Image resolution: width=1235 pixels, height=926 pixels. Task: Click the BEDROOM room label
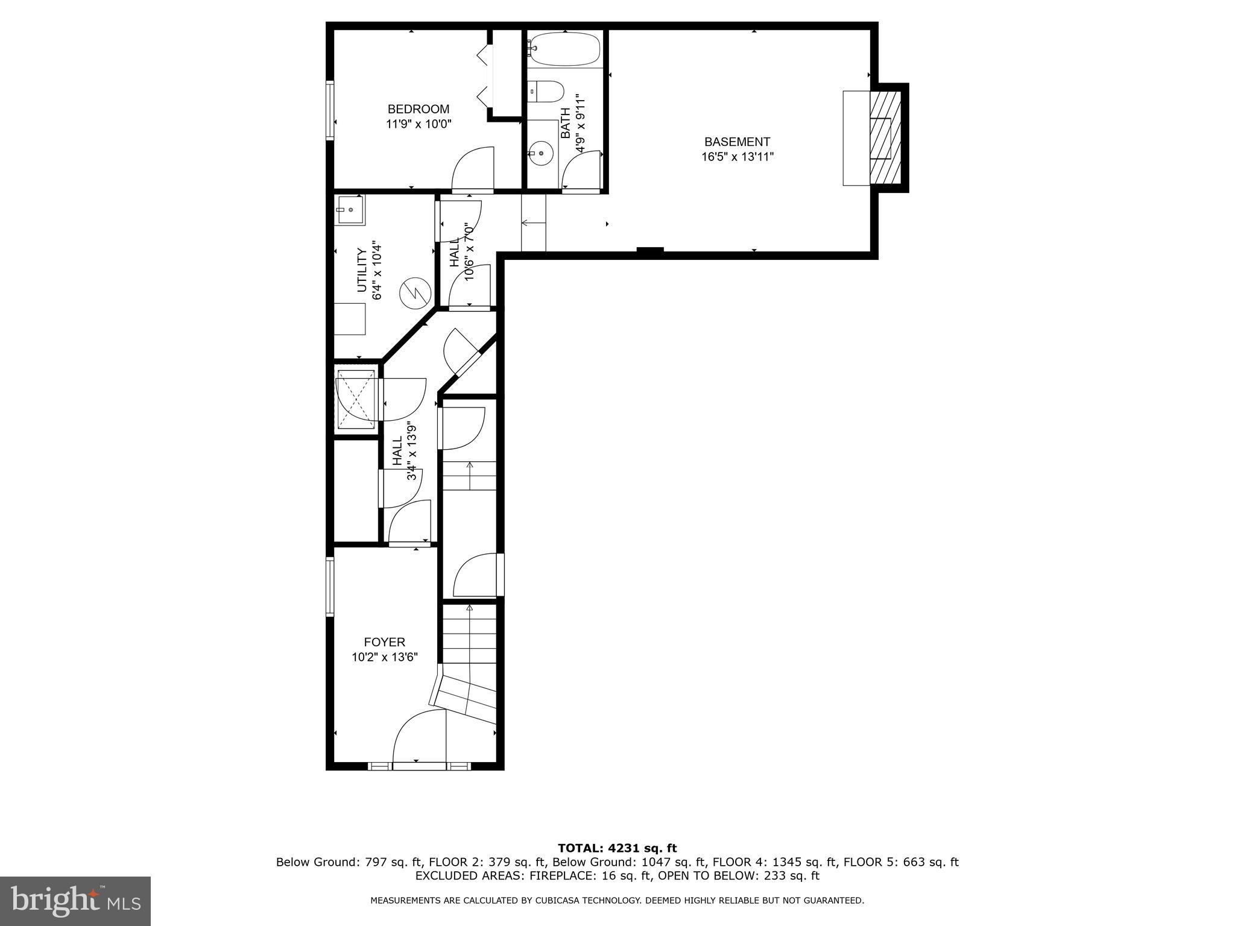click(418, 109)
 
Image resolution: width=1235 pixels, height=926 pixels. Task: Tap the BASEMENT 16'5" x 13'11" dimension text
click(737, 157)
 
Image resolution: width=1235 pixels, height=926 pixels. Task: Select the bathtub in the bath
click(565, 48)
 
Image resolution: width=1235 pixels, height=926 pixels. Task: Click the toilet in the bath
click(546, 92)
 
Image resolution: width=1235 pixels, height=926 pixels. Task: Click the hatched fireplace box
click(885, 138)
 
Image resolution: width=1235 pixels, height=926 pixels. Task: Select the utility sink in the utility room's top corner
click(350, 210)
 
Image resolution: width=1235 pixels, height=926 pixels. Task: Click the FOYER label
click(384, 642)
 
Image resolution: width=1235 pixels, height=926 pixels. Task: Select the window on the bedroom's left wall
click(330, 111)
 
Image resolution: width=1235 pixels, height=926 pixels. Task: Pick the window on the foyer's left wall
click(330, 586)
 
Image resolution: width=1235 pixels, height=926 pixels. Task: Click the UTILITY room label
click(362, 269)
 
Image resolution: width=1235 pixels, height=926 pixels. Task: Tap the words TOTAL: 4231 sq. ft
click(617, 848)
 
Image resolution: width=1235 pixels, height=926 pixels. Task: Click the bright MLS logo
click(75, 901)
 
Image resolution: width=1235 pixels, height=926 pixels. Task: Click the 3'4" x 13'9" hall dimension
click(412, 451)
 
